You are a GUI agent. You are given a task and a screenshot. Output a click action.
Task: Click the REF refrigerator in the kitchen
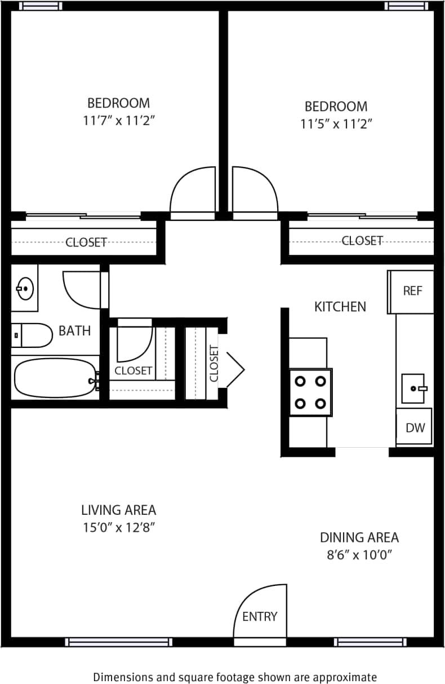pos(412,292)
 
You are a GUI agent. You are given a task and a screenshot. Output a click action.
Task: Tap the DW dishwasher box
pos(415,427)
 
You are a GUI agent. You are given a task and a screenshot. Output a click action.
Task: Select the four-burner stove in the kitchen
pos(310,392)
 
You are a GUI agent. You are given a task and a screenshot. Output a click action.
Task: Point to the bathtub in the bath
pos(54,378)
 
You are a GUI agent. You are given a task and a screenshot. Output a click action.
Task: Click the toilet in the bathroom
pos(32,335)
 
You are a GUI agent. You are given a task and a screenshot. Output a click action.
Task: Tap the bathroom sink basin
pos(25,289)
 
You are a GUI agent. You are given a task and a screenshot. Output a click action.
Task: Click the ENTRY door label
pos(260,616)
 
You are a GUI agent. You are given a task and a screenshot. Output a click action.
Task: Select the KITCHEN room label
pos(340,307)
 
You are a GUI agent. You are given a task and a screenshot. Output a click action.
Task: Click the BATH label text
pos(74,330)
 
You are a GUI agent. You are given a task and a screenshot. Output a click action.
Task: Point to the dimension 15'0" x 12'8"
pos(118,527)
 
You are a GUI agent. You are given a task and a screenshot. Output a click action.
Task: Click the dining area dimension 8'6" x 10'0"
pos(359,554)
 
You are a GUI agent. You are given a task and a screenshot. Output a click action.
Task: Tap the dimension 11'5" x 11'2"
pos(336,123)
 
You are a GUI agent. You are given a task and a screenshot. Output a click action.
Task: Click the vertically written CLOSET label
pos(213,363)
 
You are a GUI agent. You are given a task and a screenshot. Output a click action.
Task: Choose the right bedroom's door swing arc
pos(255,189)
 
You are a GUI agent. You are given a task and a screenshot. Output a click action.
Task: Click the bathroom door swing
pos(82,289)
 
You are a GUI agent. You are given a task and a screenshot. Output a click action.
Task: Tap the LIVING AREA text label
pos(118,510)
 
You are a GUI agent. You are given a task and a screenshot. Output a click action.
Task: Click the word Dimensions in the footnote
pos(121,677)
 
